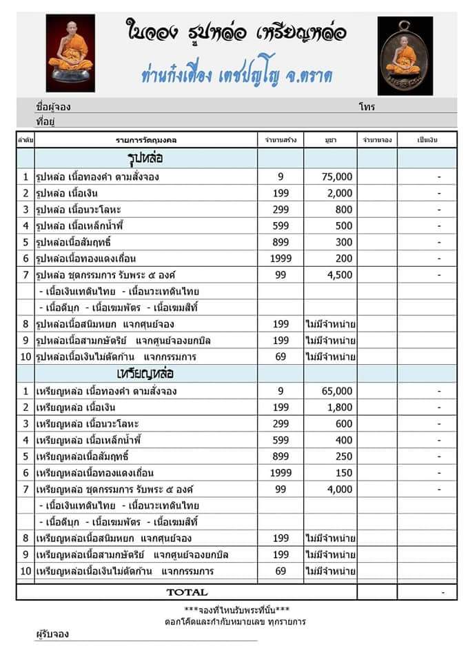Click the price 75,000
(x=338, y=177)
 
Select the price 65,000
(x=338, y=391)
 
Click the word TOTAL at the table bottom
(x=186, y=592)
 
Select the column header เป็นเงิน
(x=427, y=140)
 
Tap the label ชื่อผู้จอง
(x=53, y=108)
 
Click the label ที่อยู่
(x=45, y=121)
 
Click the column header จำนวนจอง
(x=378, y=140)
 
